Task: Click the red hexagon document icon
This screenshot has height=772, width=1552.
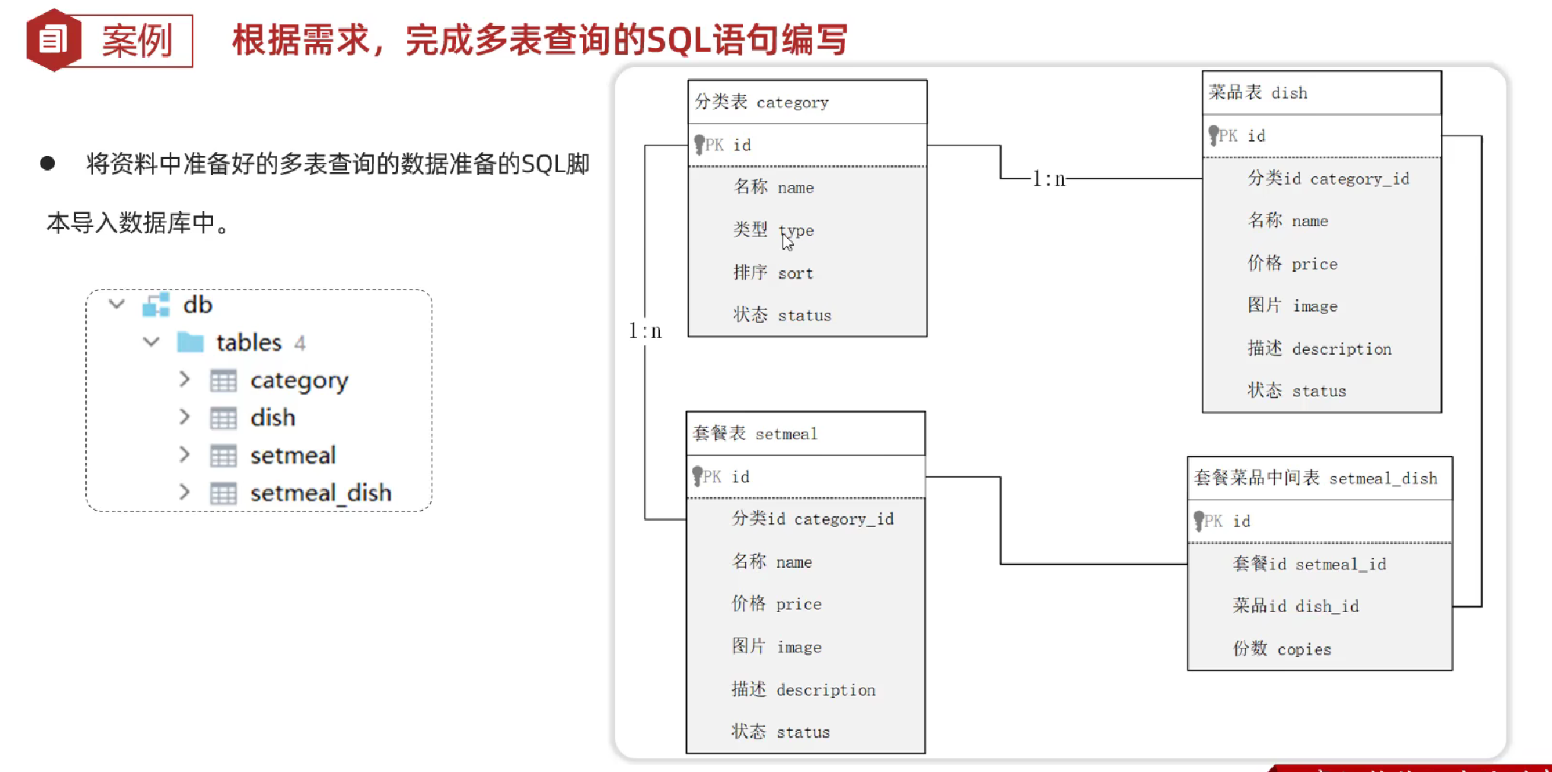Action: pos(53,40)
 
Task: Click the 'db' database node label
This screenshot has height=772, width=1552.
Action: pos(198,305)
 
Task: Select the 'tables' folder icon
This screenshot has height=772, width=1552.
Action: pos(190,343)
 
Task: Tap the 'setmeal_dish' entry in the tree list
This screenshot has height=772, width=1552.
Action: pos(320,493)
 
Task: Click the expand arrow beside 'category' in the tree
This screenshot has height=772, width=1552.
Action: pos(184,379)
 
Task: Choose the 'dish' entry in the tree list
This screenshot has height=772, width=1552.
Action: pos(272,418)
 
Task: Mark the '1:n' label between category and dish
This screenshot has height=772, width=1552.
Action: pos(1048,179)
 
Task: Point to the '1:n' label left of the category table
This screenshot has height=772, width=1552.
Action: pos(645,331)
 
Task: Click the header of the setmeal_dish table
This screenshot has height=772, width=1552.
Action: pos(1319,478)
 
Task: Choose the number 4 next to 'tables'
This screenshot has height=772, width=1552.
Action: pos(300,343)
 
